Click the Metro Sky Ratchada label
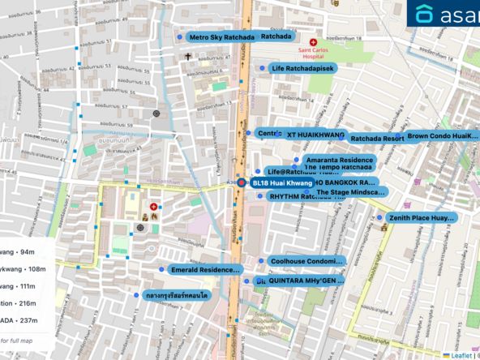(x=221, y=37)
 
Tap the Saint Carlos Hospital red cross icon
(x=313, y=41)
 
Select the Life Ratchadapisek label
(x=302, y=68)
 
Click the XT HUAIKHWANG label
(x=315, y=134)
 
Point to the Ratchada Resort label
(x=377, y=139)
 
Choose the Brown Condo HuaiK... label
(x=442, y=135)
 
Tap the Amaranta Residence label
(x=339, y=161)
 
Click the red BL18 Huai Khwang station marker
(x=241, y=183)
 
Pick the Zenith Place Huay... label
(x=422, y=218)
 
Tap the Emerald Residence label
(x=206, y=269)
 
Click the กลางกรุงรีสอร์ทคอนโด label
(x=178, y=296)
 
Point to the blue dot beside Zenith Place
(x=379, y=217)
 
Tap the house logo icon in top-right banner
(x=424, y=14)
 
